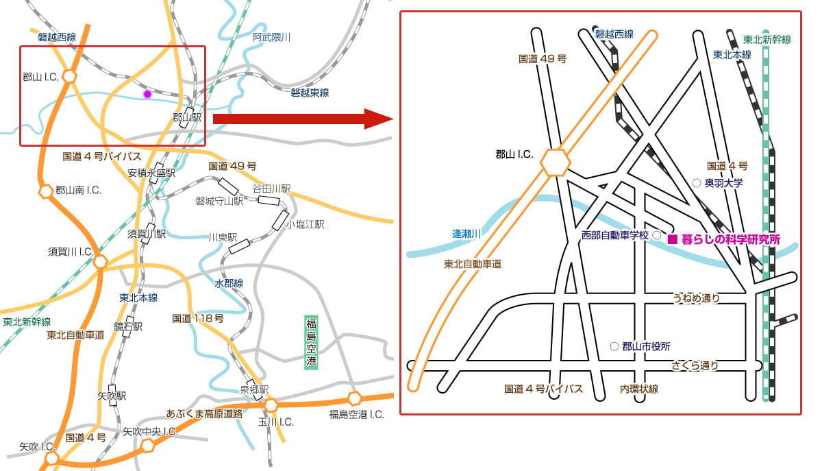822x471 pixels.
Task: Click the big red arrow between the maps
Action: tap(301, 118)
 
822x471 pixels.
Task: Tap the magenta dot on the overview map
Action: tap(147, 94)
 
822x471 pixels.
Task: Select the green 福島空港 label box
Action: tap(312, 343)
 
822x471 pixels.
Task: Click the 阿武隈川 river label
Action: tap(271, 37)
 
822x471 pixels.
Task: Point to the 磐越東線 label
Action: tap(310, 92)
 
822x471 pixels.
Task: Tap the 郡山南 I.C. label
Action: tap(78, 190)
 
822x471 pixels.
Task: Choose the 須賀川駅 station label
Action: tap(147, 234)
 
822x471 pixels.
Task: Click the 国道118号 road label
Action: tap(198, 318)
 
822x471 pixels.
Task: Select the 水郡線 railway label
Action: tap(229, 283)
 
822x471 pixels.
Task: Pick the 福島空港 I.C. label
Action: tap(356, 414)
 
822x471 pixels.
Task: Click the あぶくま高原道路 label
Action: tap(205, 413)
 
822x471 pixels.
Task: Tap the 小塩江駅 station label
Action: tap(305, 224)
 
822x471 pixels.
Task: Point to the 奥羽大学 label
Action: tap(724, 183)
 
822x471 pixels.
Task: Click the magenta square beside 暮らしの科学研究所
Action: tap(672, 239)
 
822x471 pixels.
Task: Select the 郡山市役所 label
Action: tap(646, 346)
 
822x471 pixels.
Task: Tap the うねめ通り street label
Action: tap(696, 298)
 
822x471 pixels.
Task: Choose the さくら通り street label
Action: tap(695, 365)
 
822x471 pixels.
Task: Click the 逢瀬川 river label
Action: tap(466, 234)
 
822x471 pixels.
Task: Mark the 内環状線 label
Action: tap(639, 389)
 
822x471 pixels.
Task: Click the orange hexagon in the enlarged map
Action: tap(555, 162)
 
